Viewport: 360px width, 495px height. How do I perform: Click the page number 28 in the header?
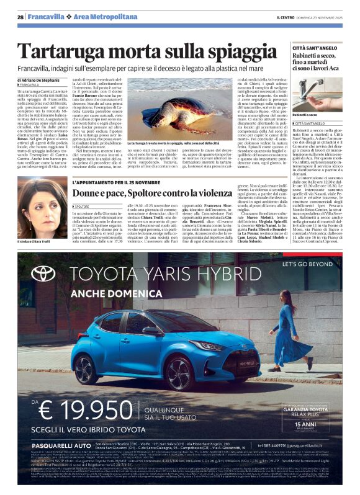(20, 16)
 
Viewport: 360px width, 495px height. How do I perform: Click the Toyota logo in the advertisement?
(43, 274)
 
